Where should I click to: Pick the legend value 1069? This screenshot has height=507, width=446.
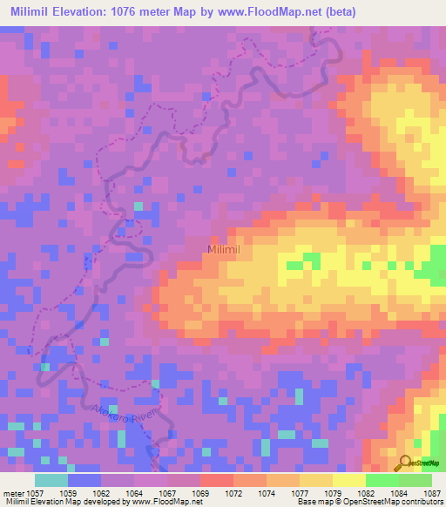pyautogui.click(x=200, y=494)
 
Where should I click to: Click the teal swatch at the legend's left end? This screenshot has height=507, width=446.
pyautogui.click(x=51, y=480)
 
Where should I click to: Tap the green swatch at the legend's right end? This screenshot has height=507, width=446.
pyautogui.click(x=416, y=480)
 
